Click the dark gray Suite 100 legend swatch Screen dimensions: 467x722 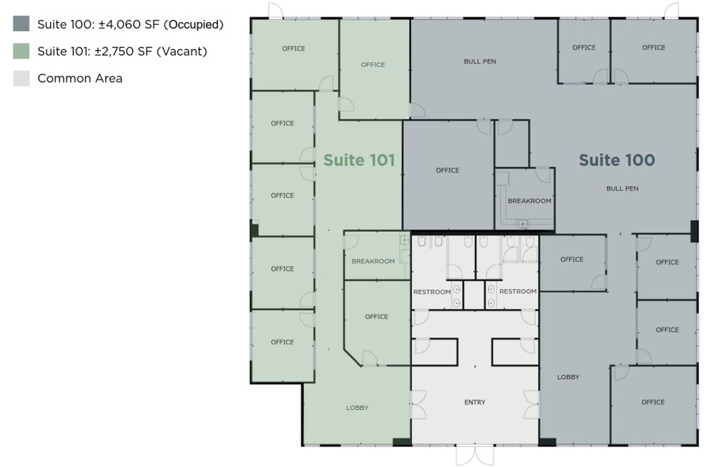[21, 24]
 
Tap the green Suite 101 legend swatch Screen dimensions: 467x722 [21, 52]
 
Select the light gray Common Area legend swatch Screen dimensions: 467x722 [21, 78]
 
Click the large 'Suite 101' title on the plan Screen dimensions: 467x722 [359, 160]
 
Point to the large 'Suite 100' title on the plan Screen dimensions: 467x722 [616, 160]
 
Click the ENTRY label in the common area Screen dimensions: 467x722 [475, 403]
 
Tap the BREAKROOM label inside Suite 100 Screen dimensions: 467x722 [530, 201]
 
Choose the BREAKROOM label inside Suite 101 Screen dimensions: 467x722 [373, 261]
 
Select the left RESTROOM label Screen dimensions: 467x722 [432, 291]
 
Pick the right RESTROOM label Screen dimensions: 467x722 [518, 291]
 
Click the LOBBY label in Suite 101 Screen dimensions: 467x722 [357, 408]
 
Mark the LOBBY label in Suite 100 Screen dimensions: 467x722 [569, 377]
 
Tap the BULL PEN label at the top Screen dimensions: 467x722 [479, 61]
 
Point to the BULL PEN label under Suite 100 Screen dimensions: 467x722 [622, 188]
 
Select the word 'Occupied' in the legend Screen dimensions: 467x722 [193, 24]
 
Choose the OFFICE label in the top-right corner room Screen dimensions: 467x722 [654, 48]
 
